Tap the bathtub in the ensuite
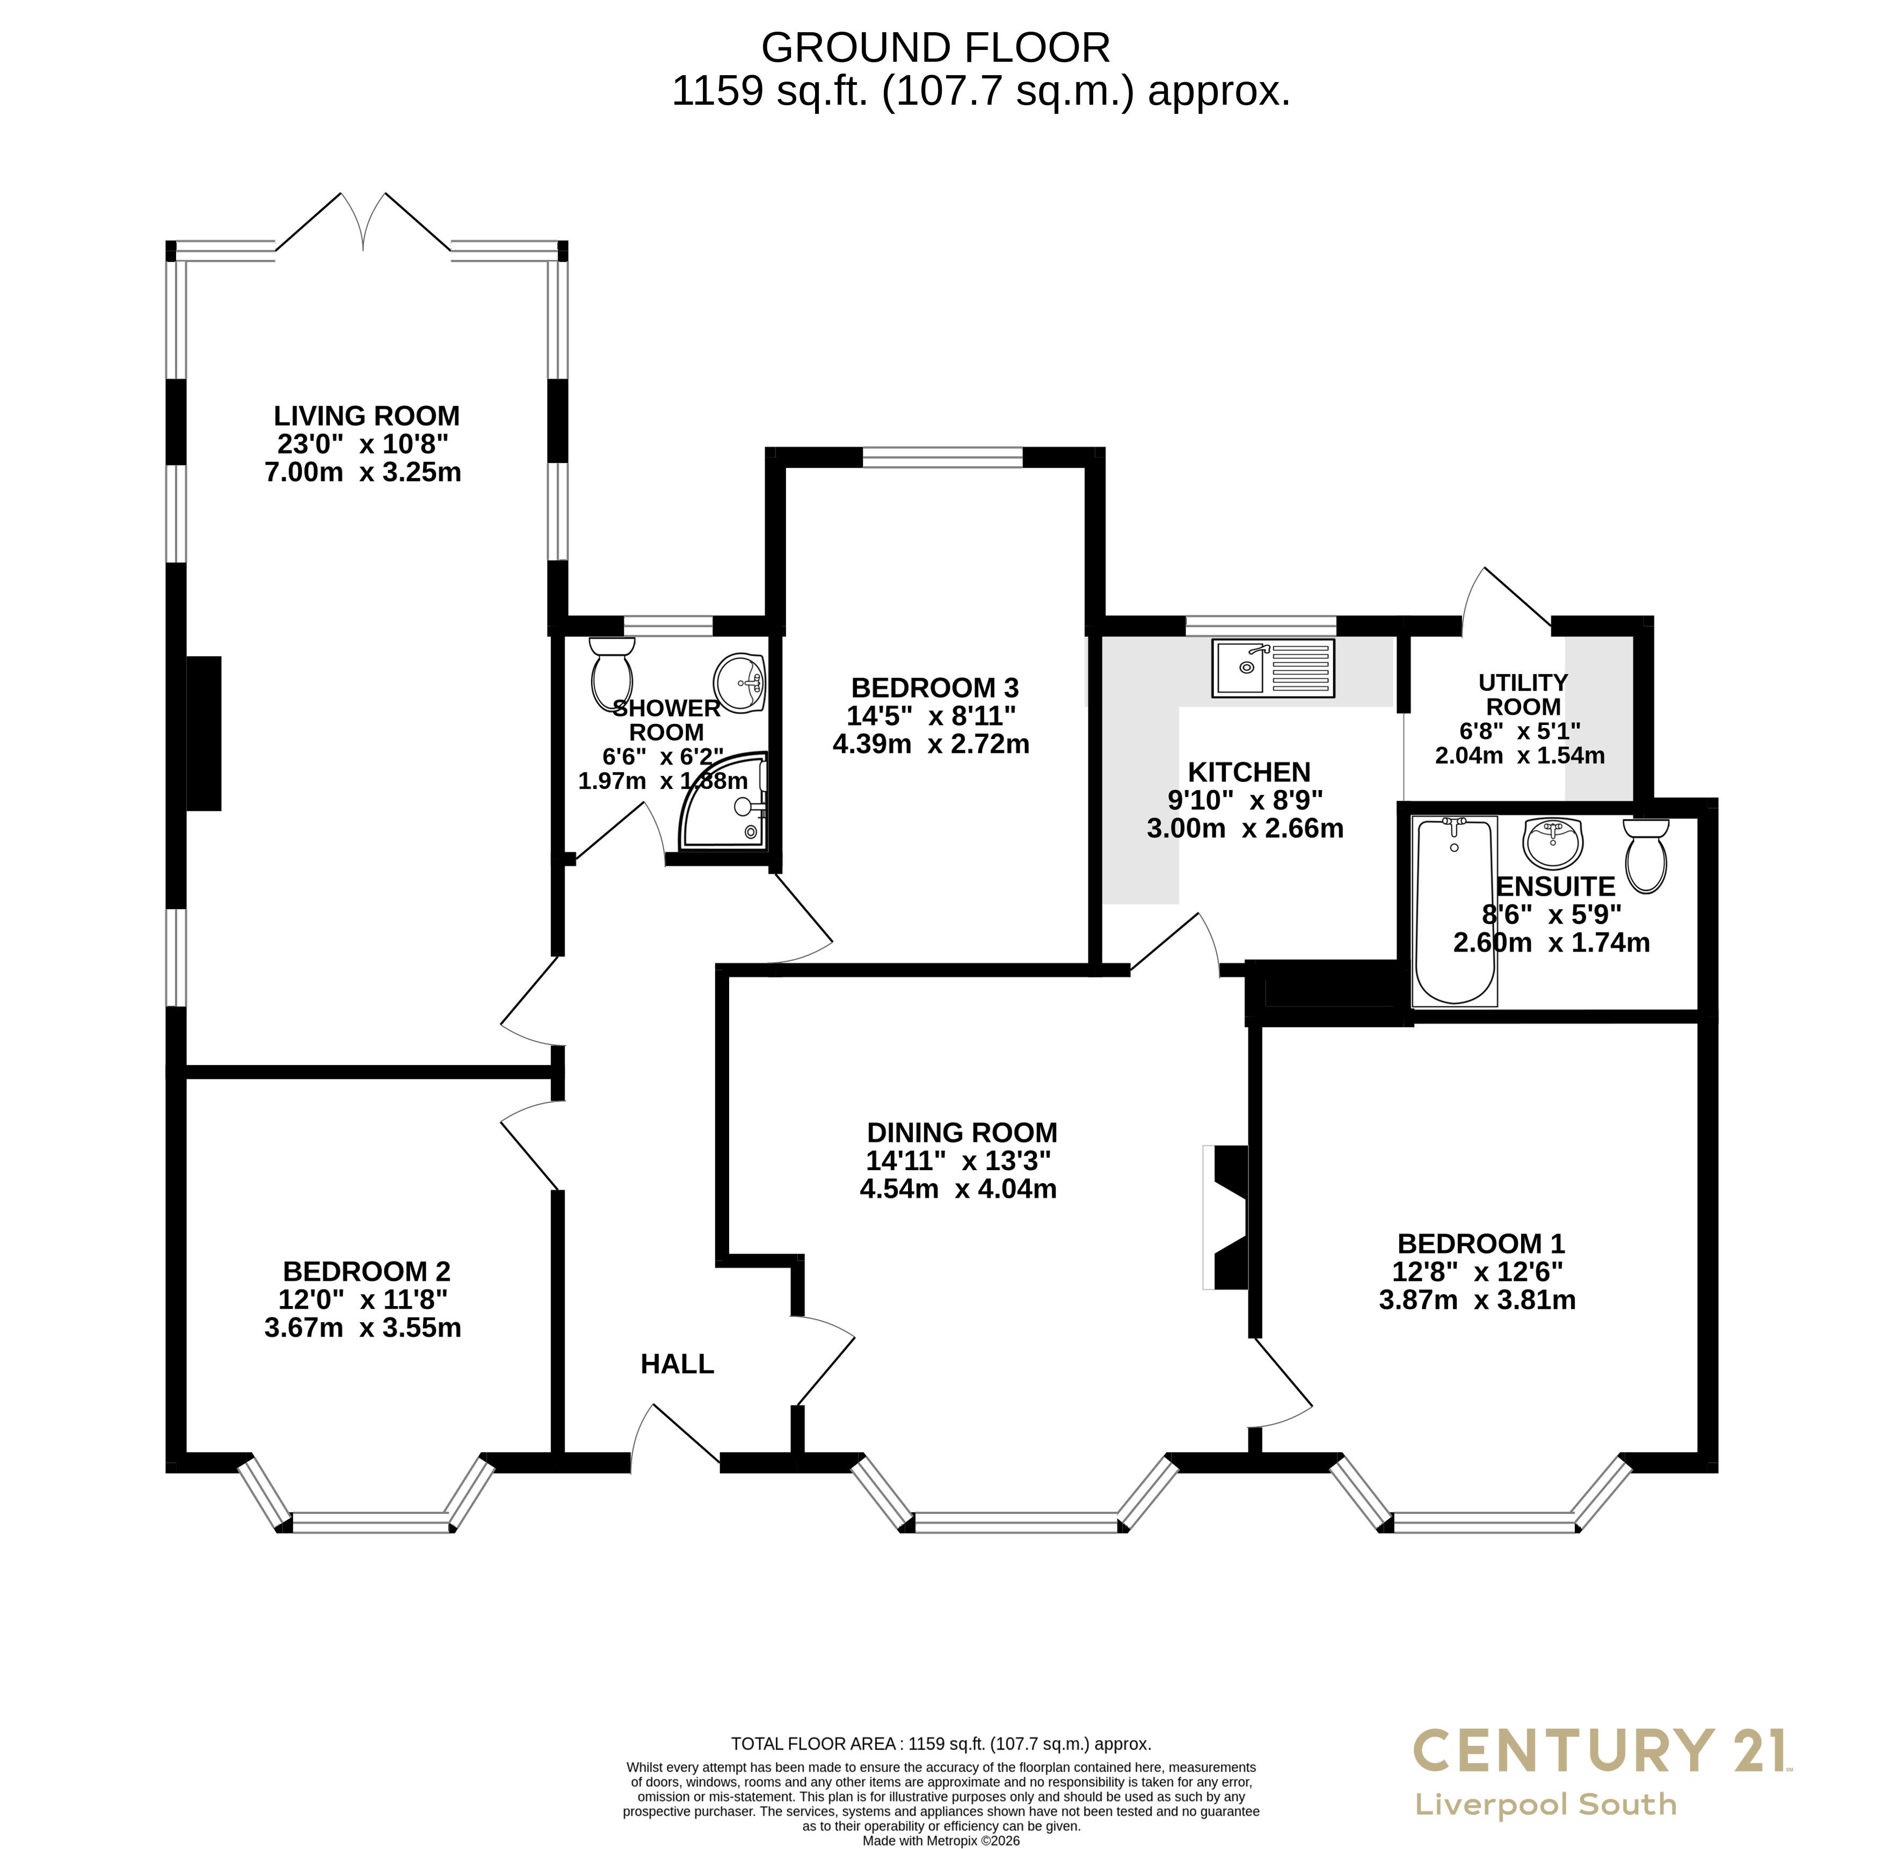pyautogui.click(x=1455, y=911)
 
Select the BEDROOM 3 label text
pyautogui.click(x=934, y=687)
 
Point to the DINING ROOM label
pyautogui.click(x=962, y=1132)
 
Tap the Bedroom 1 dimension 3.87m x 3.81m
pyautogui.click(x=1477, y=1300)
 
